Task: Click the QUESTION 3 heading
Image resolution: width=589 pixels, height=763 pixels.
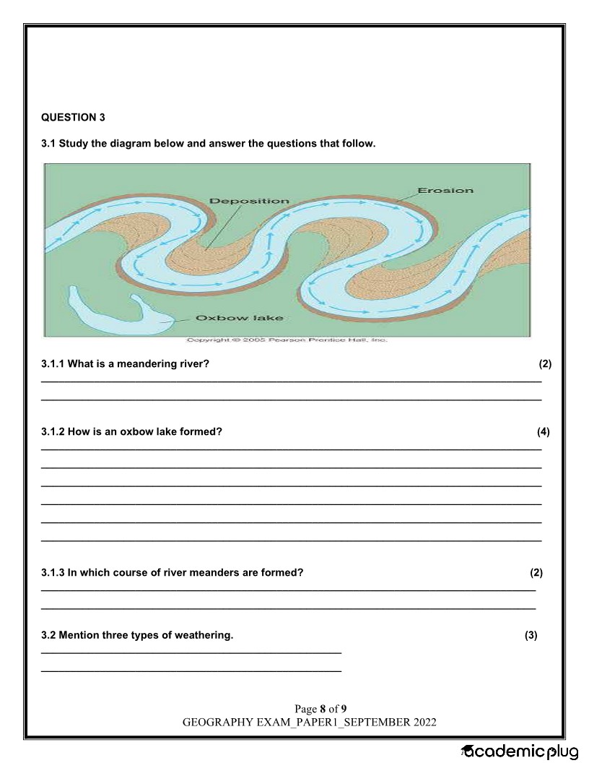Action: (x=69, y=117)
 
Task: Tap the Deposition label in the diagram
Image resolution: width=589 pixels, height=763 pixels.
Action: (x=249, y=200)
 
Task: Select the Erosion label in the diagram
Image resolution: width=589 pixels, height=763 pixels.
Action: (x=445, y=191)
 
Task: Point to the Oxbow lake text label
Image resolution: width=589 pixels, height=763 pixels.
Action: (x=240, y=317)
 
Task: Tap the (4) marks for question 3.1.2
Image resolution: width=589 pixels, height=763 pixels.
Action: (x=543, y=432)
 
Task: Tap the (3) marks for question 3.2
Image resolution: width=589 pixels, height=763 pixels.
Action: (x=531, y=636)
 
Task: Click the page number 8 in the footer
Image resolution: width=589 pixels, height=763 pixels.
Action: (x=323, y=708)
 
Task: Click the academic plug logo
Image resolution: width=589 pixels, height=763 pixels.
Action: (x=520, y=751)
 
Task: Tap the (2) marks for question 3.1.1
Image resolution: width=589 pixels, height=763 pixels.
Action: (x=545, y=363)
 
